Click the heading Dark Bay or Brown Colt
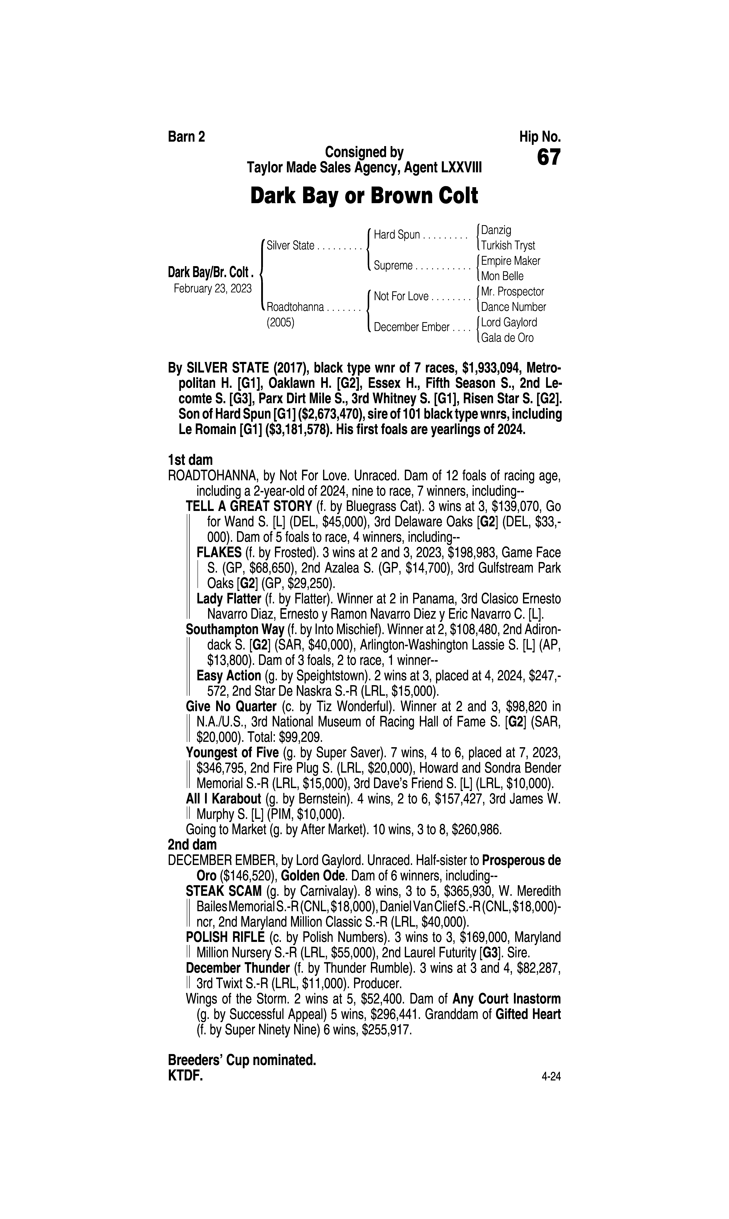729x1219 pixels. [x=364, y=196]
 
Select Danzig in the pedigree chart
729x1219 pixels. [x=496, y=230]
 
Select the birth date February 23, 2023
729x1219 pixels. [x=213, y=288]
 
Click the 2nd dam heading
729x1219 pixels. [x=192, y=845]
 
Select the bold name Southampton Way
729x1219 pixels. [x=235, y=629]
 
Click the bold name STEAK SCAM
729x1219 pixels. [x=224, y=891]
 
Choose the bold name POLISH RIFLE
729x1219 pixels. [x=225, y=937]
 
